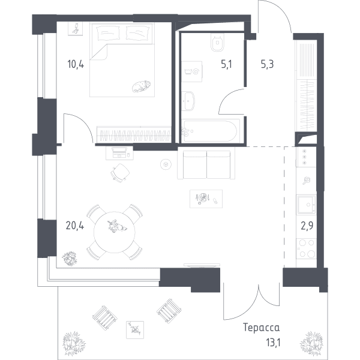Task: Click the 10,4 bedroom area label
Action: click(x=76, y=64)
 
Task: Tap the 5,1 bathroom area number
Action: click(x=226, y=64)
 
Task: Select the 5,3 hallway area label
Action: click(x=267, y=64)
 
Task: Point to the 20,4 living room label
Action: click(x=75, y=226)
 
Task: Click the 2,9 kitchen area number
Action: click(x=307, y=226)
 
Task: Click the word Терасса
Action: click(x=261, y=328)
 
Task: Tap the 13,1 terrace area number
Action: click(x=273, y=343)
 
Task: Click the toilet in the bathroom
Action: click(x=217, y=42)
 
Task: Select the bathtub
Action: click(x=211, y=131)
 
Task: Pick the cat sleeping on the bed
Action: click(x=141, y=86)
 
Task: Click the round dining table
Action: click(x=115, y=232)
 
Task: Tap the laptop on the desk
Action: click(x=119, y=152)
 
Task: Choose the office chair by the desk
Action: click(x=120, y=173)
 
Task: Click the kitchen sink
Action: click(x=306, y=205)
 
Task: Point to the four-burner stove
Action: click(x=306, y=248)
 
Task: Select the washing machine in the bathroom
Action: click(x=192, y=71)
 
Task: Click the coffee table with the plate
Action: click(x=206, y=199)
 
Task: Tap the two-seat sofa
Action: click(x=206, y=163)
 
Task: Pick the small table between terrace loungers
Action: click(x=135, y=330)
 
